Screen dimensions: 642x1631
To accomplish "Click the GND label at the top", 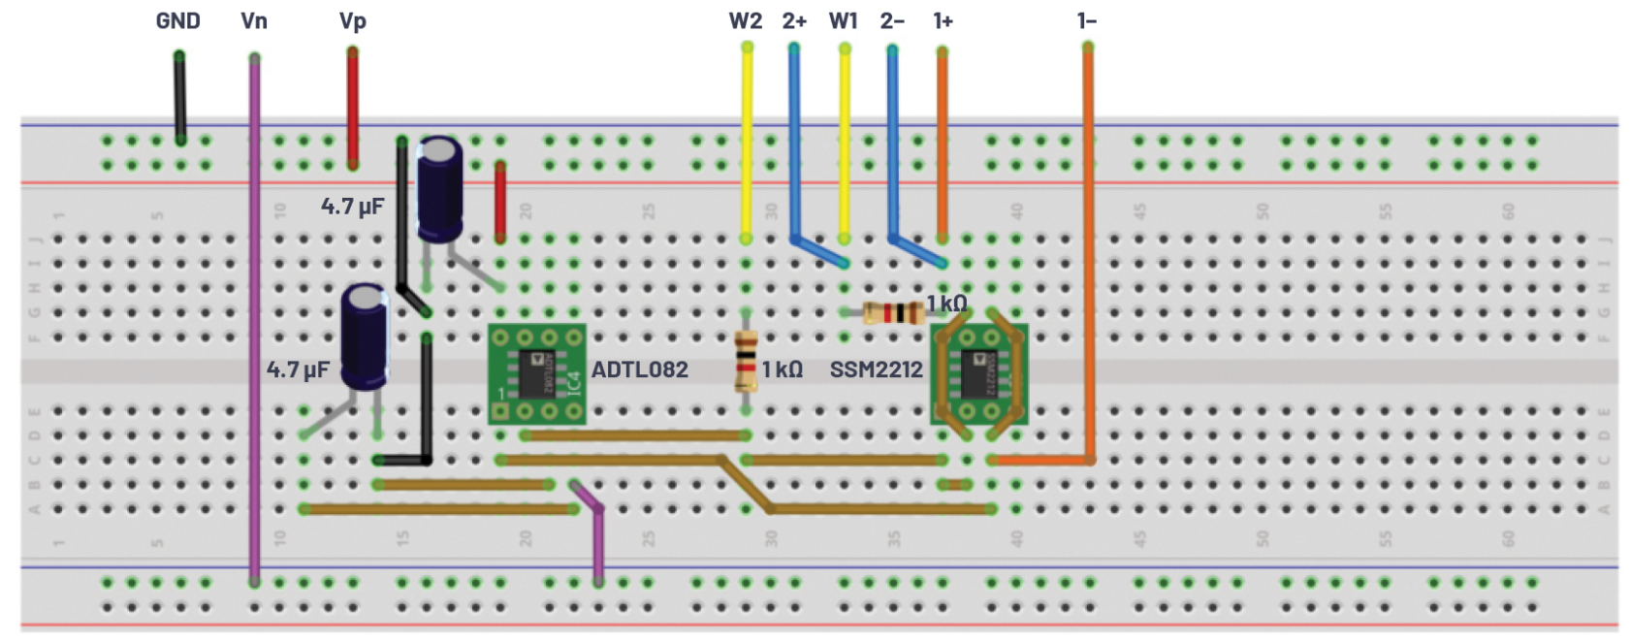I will (177, 20).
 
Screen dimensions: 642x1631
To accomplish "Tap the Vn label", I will (254, 20).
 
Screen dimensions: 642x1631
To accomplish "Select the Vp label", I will (353, 20).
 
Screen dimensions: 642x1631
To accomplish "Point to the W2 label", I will (745, 20).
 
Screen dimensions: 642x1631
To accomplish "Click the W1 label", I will (843, 20).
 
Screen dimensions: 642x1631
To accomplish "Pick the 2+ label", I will (794, 20).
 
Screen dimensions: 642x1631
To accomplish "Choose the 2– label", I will (892, 20).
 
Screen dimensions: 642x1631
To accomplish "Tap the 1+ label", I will (943, 20).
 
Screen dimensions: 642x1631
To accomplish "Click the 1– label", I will (1087, 20).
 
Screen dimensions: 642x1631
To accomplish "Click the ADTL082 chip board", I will (536, 374).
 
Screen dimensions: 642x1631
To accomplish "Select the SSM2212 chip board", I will (978, 374).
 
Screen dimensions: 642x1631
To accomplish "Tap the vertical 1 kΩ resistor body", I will (745, 361).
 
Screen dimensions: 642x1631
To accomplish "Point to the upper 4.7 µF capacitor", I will (439, 189).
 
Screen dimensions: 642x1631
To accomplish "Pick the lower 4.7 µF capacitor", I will (365, 337).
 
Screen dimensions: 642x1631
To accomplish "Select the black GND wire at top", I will (179, 97).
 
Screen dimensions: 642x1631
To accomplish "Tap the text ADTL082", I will (639, 369).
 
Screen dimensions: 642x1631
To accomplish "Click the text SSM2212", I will (876, 369).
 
